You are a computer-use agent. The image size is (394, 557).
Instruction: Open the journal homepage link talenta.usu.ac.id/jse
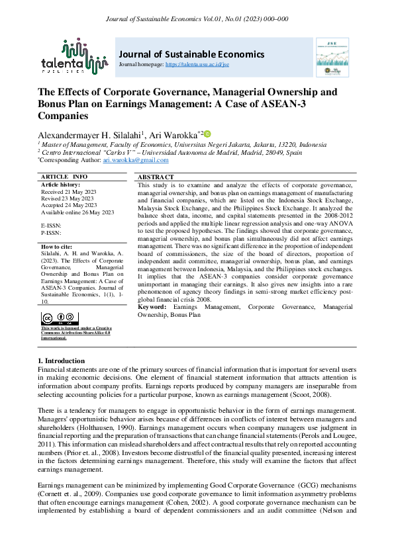(x=206, y=65)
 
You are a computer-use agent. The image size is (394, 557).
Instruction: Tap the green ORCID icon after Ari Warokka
(x=207, y=134)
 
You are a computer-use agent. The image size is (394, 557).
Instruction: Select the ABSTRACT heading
(x=156, y=177)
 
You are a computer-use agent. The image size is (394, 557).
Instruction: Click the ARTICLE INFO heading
(x=64, y=177)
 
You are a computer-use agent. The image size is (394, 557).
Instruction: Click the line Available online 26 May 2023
(x=77, y=212)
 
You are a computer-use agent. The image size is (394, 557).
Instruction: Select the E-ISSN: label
(x=52, y=226)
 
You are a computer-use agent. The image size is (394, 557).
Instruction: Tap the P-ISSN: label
(x=52, y=233)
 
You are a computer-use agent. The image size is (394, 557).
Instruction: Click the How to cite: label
(x=58, y=246)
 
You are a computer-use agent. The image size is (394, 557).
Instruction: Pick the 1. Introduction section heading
(x=65, y=360)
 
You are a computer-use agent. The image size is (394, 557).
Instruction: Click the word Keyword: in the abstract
(x=152, y=308)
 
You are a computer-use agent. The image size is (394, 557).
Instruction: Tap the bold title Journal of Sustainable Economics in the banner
(x=191, y=54)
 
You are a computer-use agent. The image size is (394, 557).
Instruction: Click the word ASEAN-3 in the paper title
(x=317, y=105)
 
